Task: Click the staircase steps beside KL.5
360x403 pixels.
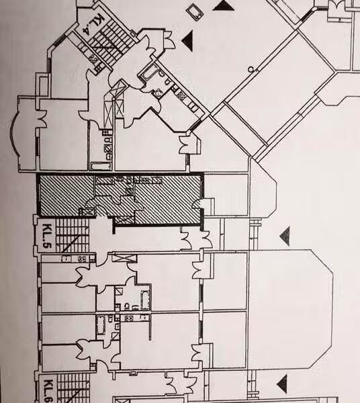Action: point(73,235)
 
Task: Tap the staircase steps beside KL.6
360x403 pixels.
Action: point(74,388)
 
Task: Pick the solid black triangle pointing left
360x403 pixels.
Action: point(187,40)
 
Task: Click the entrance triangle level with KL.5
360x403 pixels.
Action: point(285,236)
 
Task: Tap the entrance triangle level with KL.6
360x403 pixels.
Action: point(282,384)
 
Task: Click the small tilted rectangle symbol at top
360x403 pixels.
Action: point(194,12)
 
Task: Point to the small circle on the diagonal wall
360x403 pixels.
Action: point(251,69)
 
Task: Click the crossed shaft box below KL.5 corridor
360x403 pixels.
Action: point(124,257)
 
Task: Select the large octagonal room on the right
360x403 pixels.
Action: point(290,308)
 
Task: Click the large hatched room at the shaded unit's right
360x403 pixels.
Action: point(167,199)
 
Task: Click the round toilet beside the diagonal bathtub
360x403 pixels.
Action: point(158,93)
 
